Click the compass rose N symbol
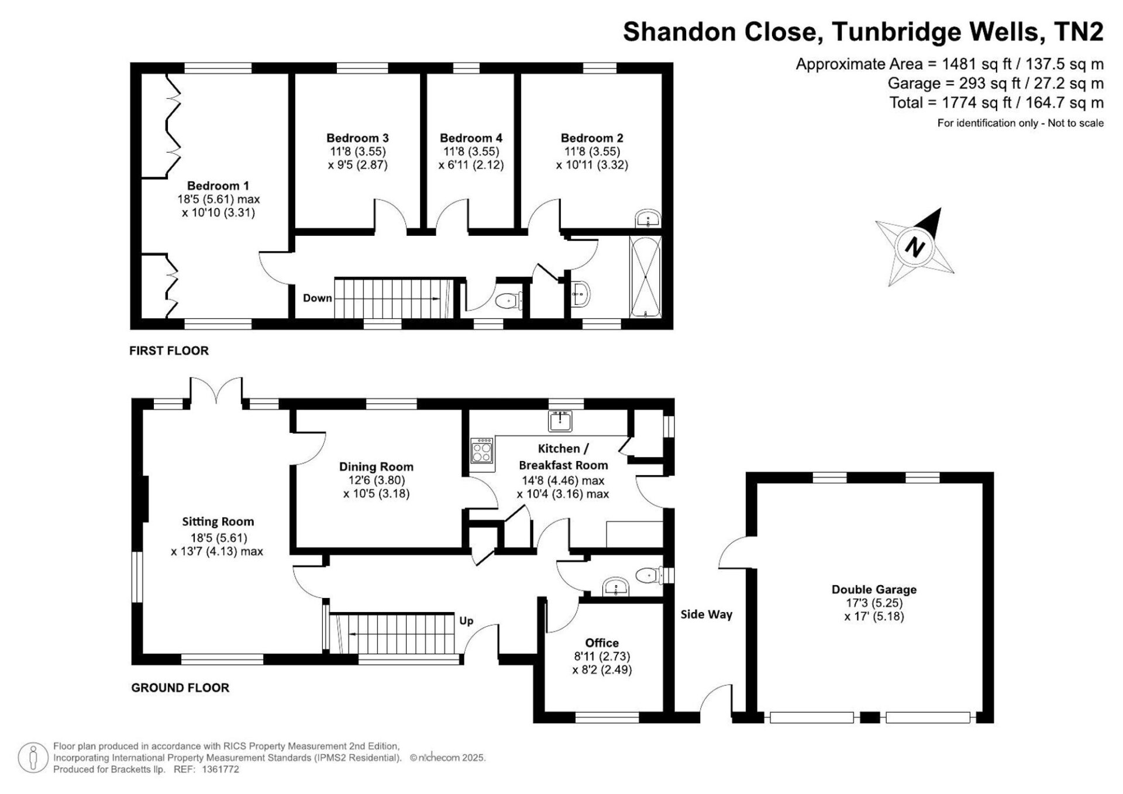click(x=914, y=246)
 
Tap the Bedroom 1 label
click(x=218, y=185)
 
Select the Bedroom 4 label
click(x=471, y=138)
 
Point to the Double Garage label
click(x=874, y=589)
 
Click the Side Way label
click(x=707, y=614)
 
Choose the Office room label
click(x=602, y=642)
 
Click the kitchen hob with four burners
click(x=483, y=450)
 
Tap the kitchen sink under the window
click(x=560, y=421)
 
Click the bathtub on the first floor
click(x=646, y=276)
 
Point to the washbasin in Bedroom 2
click(x=648, y=219)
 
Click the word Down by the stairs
click(x=318, y=298)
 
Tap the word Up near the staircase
click(x=466, y=621)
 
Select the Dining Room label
click(x=376, y=466)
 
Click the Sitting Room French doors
click(x=216, y=390)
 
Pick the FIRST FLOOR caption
click(x=169, y=350)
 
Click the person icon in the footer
click(x=33, y=758)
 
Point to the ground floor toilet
click(x=649, y=575)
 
